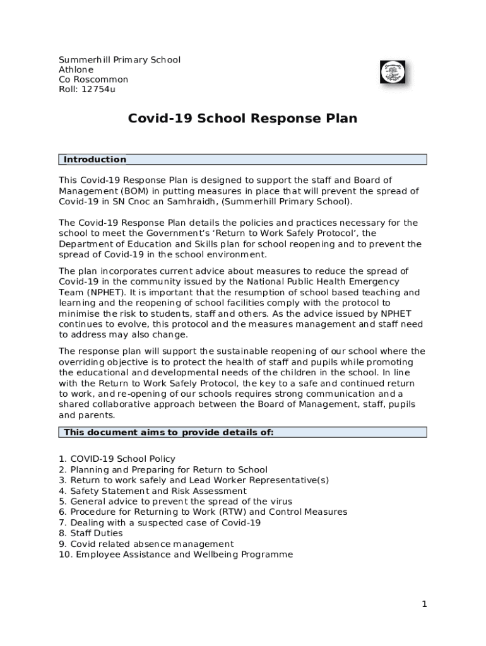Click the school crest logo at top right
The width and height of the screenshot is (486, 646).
point(393,73)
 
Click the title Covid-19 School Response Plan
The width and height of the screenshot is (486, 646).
point(242,119)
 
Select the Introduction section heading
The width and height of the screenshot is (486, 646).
point(95,160)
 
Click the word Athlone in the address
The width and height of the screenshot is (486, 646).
point(76,69)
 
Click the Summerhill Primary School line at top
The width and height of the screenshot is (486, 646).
point(119,60)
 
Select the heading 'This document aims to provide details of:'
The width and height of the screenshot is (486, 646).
point(169,432)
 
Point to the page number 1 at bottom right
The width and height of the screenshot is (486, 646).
point(425,604)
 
